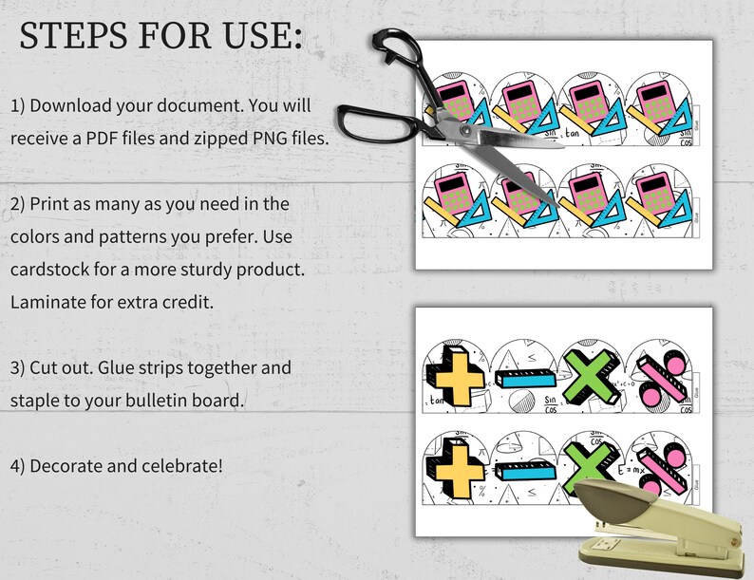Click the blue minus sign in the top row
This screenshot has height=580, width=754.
point(521,380)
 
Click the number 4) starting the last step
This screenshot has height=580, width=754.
point(18,465)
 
